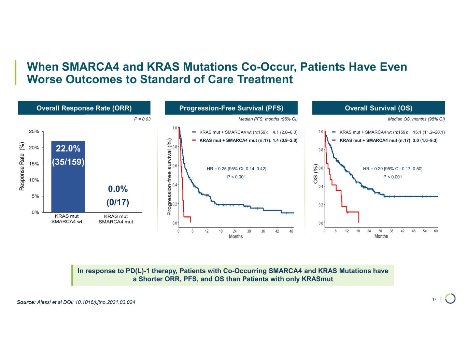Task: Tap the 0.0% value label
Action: [118, 189]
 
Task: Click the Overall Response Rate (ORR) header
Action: [84, 108]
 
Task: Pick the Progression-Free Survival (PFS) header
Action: [231, 108]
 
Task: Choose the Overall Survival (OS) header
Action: [378, 108]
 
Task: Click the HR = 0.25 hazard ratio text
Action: [237, 169]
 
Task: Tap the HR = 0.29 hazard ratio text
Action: [393, 169]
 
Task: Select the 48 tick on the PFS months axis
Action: [291, 231]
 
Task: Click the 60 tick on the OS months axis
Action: [436, 231]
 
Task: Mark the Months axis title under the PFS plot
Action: [236, 236]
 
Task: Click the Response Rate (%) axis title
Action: [22, 166]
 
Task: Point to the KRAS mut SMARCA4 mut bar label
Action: [116, 219]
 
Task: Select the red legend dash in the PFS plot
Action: [194, 140]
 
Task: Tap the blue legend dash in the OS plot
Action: [334, 132]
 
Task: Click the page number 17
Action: [434, 299]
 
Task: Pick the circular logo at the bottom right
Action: [450, 299]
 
